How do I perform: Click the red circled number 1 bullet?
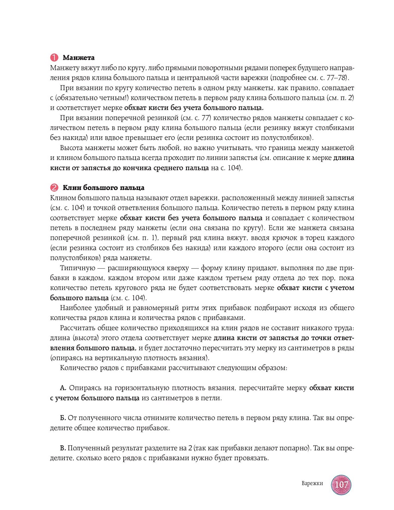tap(54, 58)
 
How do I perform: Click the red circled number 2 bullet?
tap(54, 188)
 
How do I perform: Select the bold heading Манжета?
tap(79, 58)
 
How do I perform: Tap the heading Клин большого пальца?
tap(104, 188)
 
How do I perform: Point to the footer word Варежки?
tap(312, 484)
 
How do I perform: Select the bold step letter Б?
tap(62, 418)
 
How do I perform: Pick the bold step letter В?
tap(62, 448)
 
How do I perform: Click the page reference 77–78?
tap(337, 78)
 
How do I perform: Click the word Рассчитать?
tap(77, 328)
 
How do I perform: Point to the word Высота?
tap(71, 148)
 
